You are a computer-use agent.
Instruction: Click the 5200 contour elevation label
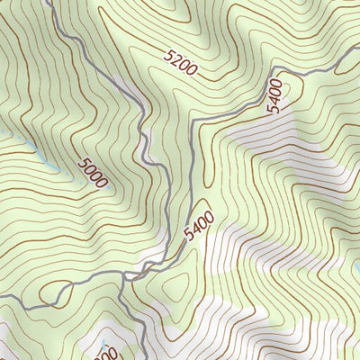[181, 61]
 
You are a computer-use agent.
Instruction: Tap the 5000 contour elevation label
[92, 173]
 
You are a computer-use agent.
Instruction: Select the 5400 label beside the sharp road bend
[274, 94]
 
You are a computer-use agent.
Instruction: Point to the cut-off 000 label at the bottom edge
[104, 355]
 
